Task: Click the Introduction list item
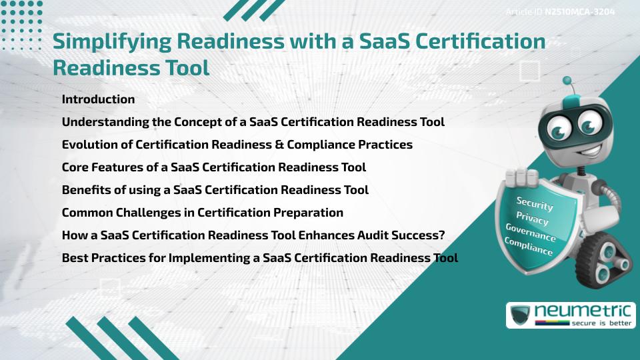(x=98, y=99)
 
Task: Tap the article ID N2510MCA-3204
(x=577, y=12)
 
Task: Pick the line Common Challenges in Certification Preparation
(x=202, y=213)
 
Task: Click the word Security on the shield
(x=535, y=203)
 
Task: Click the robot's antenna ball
(x=568, y=81)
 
